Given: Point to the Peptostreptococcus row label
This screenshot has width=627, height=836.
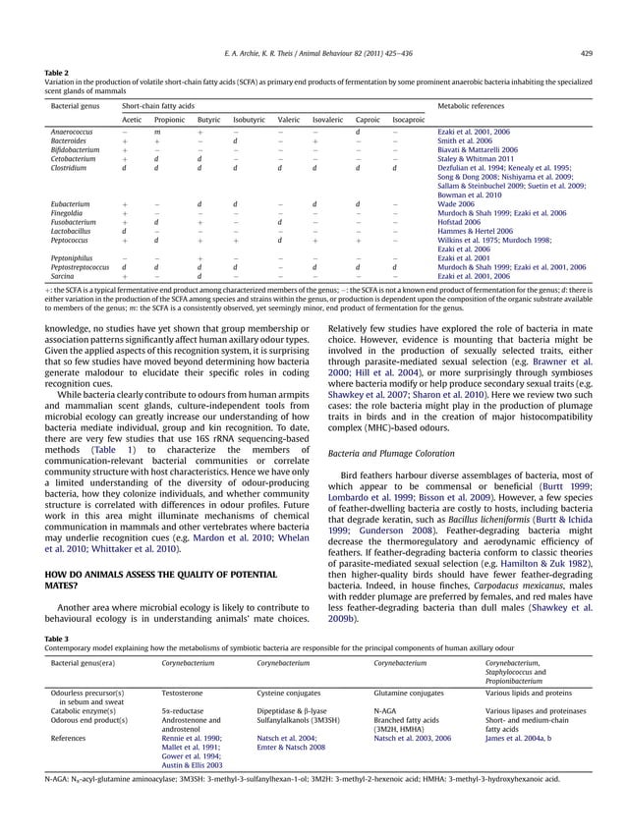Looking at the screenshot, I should pos(79,265).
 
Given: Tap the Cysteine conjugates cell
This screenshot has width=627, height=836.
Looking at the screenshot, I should pos(294,693).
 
